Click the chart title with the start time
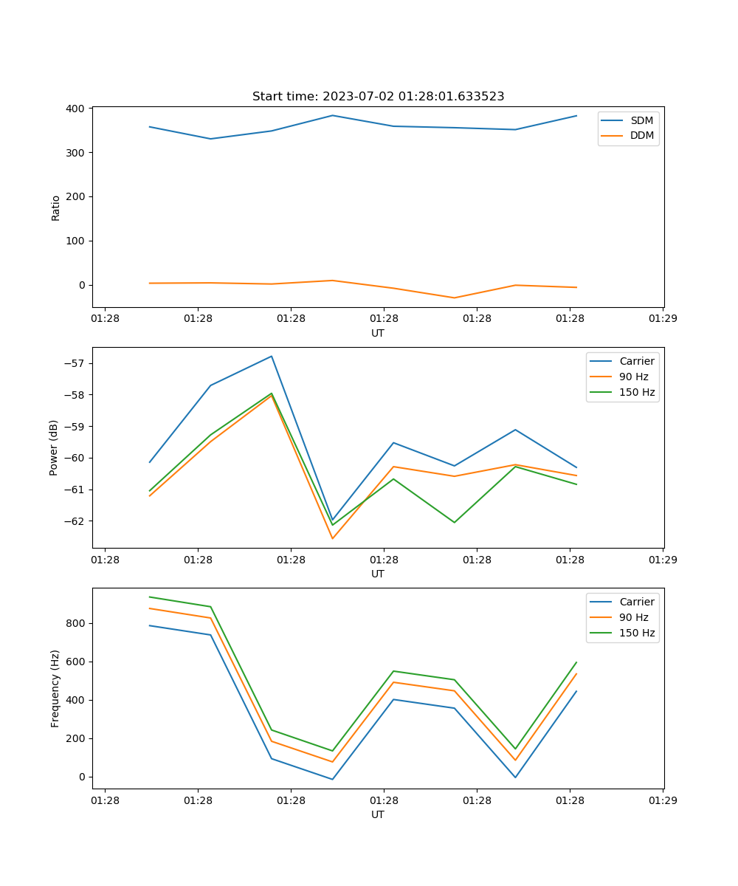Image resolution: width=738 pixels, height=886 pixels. pyautogui.click(x=378, y=97)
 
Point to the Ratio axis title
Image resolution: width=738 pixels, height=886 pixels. pyautogui.click(x=56, y=207)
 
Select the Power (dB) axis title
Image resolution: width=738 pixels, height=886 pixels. pyautogui.click(x=54, y=447)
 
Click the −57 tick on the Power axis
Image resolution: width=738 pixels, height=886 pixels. pyautogui.click(x=75, y=363)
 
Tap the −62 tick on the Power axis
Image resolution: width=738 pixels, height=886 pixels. pyautogui.click(x=75, y=521)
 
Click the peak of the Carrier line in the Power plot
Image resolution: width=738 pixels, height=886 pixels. pyautogui.click(x=272, y=356)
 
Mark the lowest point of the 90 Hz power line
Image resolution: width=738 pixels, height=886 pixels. pyautogui.click(x=332, y=538)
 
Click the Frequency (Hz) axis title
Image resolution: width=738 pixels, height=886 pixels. pyautogui.click(x=55, y=688)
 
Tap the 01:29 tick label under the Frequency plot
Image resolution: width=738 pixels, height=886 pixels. pyautogui.click(x=663, y=800)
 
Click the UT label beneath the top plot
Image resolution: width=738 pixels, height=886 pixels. pyautogui.click(x=378, y=333)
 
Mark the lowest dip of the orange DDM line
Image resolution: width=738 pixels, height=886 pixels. pyautogui.click(x=454, y=298)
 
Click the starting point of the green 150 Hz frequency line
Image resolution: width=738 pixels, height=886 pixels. pyautogui.click(x=150, y=597)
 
